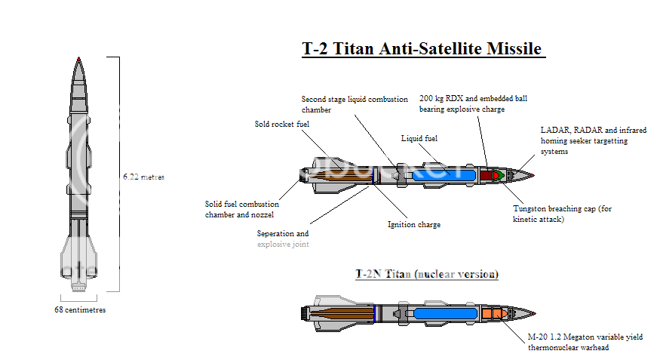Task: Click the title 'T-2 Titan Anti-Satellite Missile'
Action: point(423,49)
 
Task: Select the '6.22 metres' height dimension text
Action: point(143,177)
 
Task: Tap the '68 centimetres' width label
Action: point(79,309)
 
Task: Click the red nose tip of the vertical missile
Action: point(78,59)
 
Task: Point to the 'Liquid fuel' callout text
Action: point(419,139)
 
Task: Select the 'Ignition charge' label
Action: point(414,224)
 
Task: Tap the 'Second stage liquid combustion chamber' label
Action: point(355,104)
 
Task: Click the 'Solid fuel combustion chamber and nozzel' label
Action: point(242,209)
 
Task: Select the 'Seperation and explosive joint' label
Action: point(282,238)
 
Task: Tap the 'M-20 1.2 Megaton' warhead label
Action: point(585,342)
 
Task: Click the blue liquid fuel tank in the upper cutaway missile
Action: point(442,176)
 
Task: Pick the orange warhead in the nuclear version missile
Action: point(492,312)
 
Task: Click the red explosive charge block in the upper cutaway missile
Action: point(486,175)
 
